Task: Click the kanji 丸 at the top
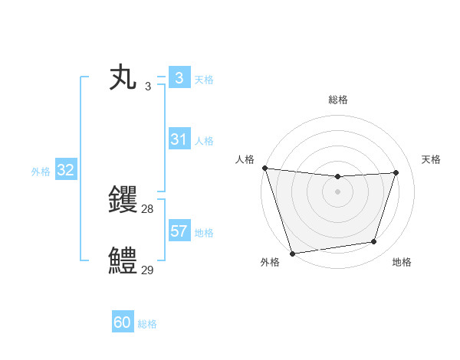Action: [123, 79]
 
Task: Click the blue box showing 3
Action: [179, 78]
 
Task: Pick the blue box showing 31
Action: [179, 139]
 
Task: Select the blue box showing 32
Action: [65, 170]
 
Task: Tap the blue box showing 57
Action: [179, 231]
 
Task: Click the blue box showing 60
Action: [123, 322]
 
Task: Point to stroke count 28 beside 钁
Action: [148, 208]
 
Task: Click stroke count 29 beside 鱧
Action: [148, 270]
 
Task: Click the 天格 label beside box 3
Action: [204, 80]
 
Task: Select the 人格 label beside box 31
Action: [204, 141]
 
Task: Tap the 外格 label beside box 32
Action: [41, 172]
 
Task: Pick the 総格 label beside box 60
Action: [147, 324]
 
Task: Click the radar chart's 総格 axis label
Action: [337, 100]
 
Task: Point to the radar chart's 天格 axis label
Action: [432, 159]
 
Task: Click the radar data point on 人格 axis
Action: [264, 168]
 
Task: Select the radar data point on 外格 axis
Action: [292, 253]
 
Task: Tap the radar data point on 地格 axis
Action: [374, 242]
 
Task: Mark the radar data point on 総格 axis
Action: [337, 177]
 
